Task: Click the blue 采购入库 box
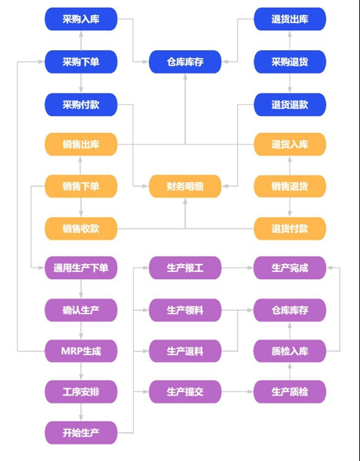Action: pyautogui.click(x=80, y=19)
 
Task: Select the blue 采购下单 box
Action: pyautogui.click(x=80, y=62)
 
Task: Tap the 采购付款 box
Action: pyautogui.click(x=80, y=104)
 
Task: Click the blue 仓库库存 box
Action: pyautogui.click(x=185, y=62)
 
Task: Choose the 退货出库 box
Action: pyautogui.click(x=290, y=19)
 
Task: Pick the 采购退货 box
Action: pyautogui.click(x=290, y=62)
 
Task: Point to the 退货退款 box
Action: pyautogui.click(x=290, y=104)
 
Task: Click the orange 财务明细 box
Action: pyautogui.click(x=185, y=186)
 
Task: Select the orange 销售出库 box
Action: pyautogui.click(x=80, y=145)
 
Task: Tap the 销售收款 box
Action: pyautogui.click(x=80, y=229)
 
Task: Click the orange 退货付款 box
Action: pyautogui.click(x=290, y=229)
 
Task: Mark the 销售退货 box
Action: pyautogui.click(x=290, y=186)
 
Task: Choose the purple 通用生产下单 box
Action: pyautogui.click(x=80, y=268)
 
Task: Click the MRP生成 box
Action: pyautogui.click(x=80, y=351)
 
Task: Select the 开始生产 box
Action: pyautogui.click(x=80, y=433)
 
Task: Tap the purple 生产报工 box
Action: pyautogui.click(x=185, y=268)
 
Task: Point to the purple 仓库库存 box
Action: pyautogui.click(x=290, y=310)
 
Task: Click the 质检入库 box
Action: pyautogui.click(x=290, y=351)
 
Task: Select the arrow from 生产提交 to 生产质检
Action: pyautogui.click(x=237, y=392)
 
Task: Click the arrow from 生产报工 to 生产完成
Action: pyautogui.click(x=237, y=268)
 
